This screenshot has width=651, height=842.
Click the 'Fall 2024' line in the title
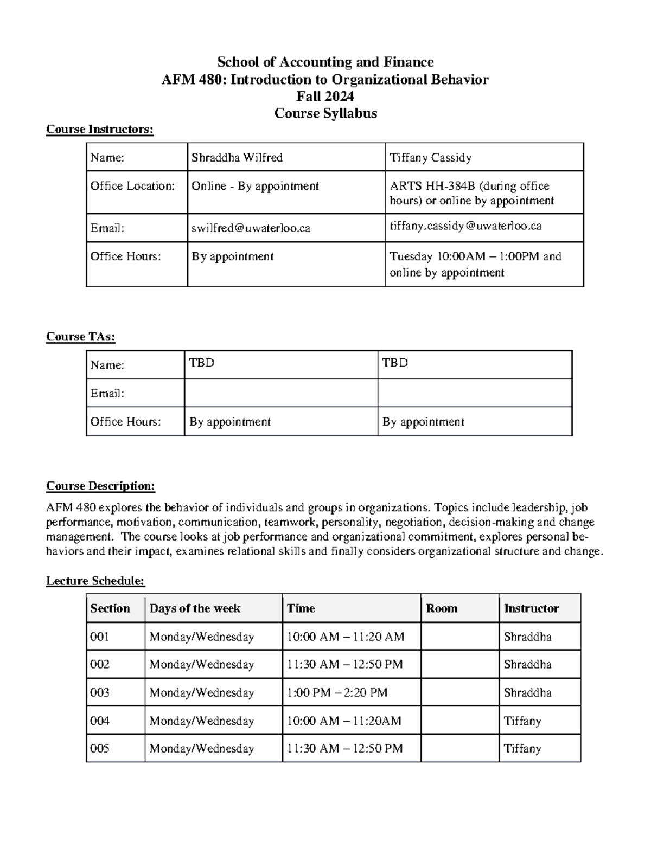(325, 97)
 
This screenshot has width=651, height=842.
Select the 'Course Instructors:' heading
(100, 130)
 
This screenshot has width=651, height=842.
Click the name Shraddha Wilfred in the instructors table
(237, 158)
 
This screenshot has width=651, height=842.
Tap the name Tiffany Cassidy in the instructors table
(430, 158)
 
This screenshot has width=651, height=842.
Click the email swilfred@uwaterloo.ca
(251, 228)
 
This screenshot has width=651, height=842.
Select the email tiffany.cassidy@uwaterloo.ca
(465, 226)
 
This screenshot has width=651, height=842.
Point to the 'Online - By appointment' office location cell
(255, 186)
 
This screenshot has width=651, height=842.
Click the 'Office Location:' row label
(132, 186)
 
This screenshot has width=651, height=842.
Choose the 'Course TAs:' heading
(81, 337)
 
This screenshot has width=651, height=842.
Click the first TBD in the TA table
(202, 363)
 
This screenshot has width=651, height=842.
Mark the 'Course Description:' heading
(100, 486)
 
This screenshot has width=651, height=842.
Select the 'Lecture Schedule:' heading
(95, 581)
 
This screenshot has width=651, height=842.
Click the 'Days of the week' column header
(195, 608)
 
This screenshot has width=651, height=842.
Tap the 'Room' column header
(442, 608)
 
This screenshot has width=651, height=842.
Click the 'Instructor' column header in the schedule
(531, 608)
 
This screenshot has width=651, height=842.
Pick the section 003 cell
(100, 692)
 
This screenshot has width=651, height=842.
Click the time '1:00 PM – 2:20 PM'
(337, 692)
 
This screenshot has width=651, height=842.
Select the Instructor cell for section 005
(522, 749)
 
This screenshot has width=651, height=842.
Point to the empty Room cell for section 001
(459, 637)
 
